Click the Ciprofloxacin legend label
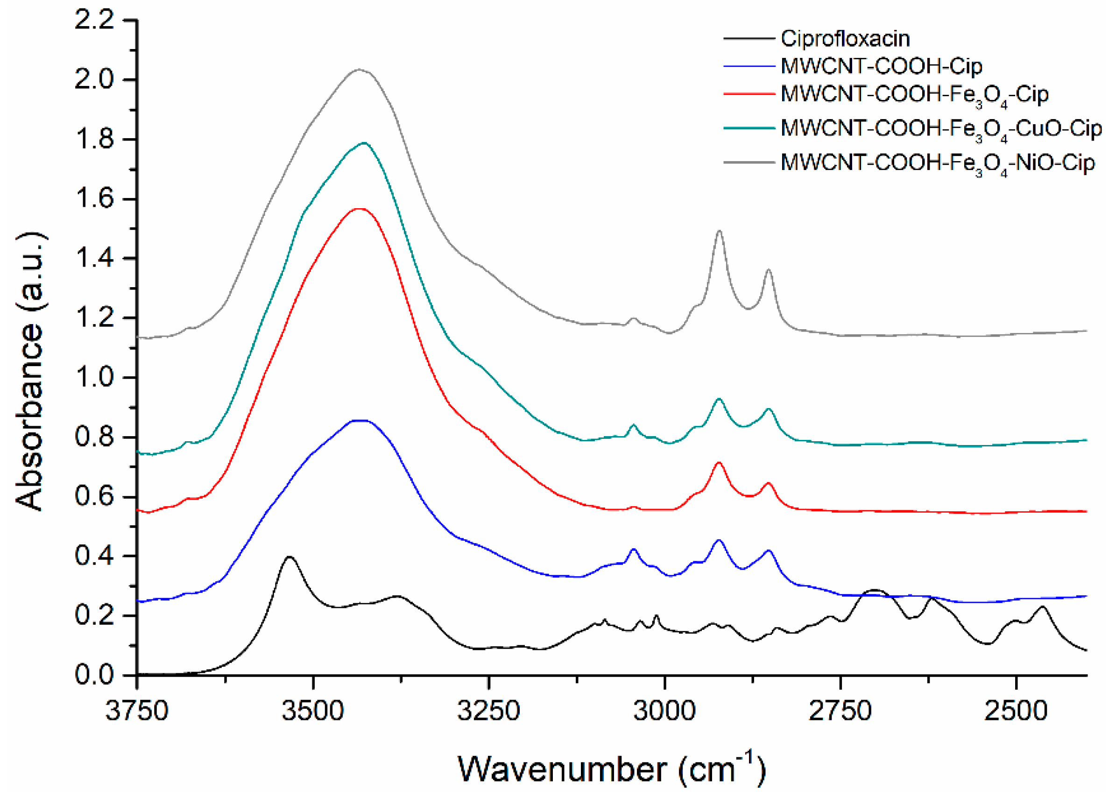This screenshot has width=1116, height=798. click(x=845, y=39)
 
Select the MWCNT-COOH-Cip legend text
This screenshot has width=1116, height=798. click(x=881, y=66)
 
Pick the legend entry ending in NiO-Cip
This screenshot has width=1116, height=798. click(x=937, y=163)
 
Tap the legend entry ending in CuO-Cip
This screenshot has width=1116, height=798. click(x=940, y=129)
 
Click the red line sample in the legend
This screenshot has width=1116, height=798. click(x=748, y=94)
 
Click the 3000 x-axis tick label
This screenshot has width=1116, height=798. click(x=664, y=711)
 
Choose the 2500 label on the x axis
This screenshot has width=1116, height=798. click(x=1016, y=711)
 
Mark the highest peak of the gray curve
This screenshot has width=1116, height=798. click(x=359, y=70)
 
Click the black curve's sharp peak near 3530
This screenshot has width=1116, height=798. click(x=290, y=557)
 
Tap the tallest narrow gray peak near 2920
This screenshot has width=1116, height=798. click(x=720, y=231)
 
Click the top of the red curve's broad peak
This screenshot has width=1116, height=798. click(x=360, y=209)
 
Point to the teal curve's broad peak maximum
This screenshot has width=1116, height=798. click(x=364, y=143)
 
